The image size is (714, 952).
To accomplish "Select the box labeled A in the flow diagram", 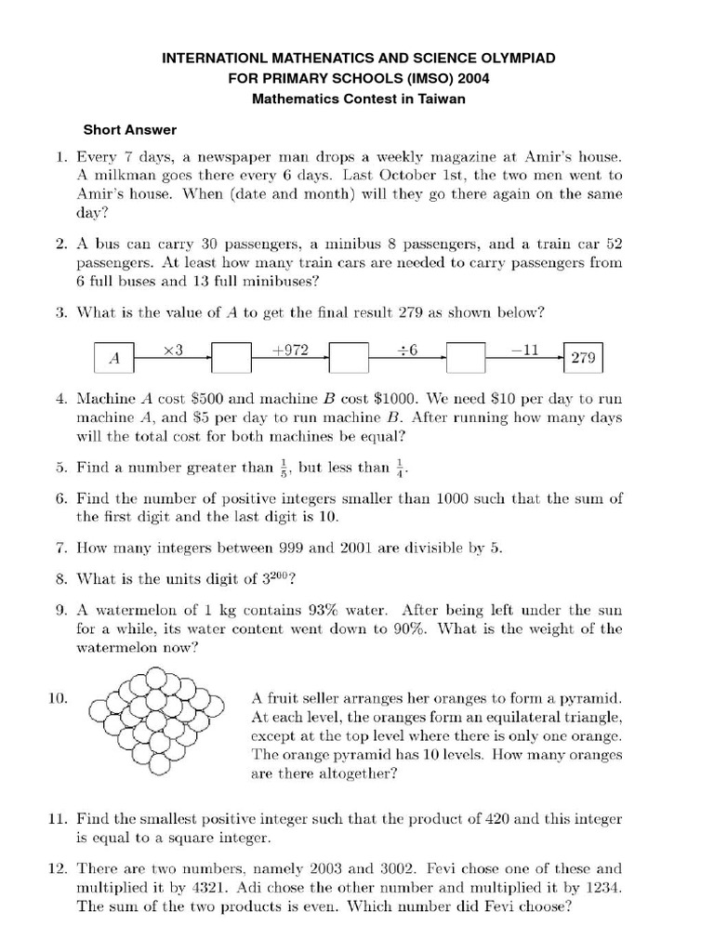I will point(115,357).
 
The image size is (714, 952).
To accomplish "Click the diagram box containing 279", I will point(584,357).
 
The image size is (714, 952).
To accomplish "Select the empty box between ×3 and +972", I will point(231,357).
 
